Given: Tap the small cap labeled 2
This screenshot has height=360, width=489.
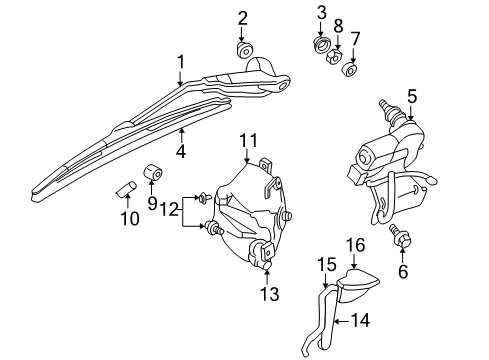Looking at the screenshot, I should [243, 51].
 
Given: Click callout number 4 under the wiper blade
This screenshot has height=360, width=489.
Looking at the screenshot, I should [181, 153].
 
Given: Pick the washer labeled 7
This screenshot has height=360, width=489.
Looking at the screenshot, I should [351, 70].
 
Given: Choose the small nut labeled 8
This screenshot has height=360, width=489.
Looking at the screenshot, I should [337, 55].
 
